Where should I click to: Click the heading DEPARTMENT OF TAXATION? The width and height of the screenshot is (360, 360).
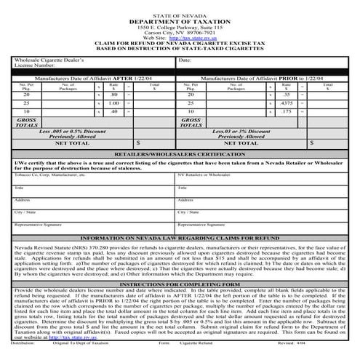(179, 22)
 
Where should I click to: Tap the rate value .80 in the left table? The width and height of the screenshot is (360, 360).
(114, 95)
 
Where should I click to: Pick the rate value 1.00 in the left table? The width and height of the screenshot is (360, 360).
(114, 104)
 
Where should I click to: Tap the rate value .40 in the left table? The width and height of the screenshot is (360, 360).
(114, 112)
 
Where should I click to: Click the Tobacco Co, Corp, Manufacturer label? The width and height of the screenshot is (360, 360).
(45, 175)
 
